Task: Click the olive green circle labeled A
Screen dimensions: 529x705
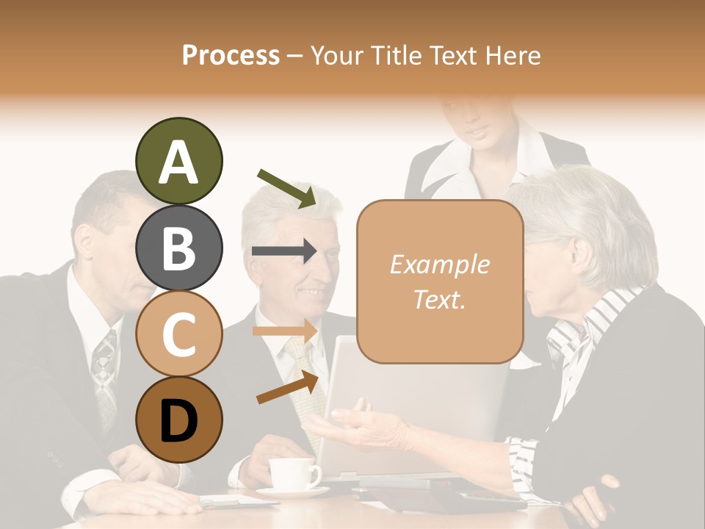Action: pyautogui.click(x=178, y=162)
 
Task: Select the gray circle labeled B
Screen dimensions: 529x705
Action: pyautogui.click(x=178, y=248)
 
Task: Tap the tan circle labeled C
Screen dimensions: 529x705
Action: pyautogui.click(x=178, y=334)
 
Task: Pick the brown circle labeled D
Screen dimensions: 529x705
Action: pyautogui.click(x=178, y=420)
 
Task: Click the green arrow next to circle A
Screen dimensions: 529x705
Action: pyautogui.click(x=287, y=187)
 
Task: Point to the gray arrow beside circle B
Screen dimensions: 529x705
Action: pyautogui.click(x=285, y=251)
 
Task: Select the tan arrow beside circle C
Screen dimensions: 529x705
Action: pyautogui.click(x=285, y=331)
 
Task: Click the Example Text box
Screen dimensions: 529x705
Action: pyautogui.click(x=440, y=281)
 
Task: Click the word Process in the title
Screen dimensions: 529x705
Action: pyautogui.click(x=231, y=55)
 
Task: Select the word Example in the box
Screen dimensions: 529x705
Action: pyautogui.click(x=440, y=264)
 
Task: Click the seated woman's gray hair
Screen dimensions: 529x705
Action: pyautogui.click(x=587, y=213)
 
